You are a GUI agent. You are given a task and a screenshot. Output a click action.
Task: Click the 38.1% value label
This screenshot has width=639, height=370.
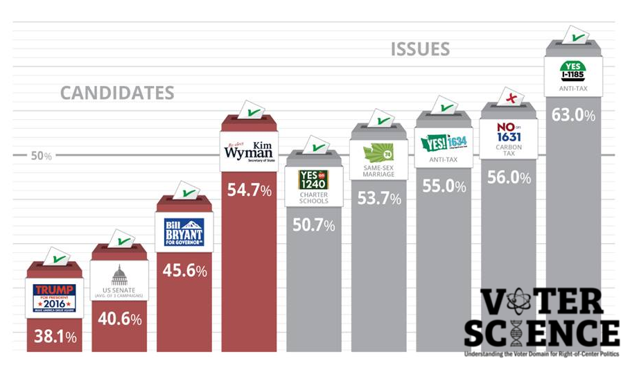tap(55, 339)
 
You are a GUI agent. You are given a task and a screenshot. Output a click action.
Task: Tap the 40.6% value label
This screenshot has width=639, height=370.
tap(120, 319)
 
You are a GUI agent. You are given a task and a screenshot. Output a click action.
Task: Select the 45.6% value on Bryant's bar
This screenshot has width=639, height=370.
tap(185, 271)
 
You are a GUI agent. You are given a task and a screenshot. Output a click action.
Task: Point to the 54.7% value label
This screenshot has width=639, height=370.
tap(250, 189)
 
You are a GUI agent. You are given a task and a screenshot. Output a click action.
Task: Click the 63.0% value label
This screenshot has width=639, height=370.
tap(574, 115)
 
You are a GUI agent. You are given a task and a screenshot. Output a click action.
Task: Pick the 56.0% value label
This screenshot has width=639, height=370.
tap(509, 178)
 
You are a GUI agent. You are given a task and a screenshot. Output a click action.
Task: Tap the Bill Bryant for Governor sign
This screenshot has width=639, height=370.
tap(184, 232)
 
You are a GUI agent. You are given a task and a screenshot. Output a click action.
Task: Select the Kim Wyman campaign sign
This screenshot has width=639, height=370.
tap(250, 150)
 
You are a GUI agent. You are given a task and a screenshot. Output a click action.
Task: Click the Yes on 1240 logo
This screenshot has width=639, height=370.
tap(313, 179)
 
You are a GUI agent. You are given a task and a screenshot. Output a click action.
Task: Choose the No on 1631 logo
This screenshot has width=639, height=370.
tap(509, 132)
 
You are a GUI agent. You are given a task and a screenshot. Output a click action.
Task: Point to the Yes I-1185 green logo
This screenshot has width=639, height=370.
tap(574, 69)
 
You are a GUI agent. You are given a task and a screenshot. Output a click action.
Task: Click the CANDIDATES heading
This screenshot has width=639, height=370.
tap(116, 93)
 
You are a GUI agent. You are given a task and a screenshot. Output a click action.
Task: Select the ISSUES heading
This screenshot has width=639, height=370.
tap(420, 49)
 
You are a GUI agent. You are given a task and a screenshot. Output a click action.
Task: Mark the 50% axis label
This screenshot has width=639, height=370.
tap(41, 156)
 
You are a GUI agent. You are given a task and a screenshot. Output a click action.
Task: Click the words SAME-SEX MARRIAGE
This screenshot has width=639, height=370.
tap(378, 170)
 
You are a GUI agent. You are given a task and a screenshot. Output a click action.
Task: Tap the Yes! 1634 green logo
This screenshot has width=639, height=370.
tap(444, 143)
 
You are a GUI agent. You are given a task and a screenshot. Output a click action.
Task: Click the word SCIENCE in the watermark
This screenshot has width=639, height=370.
tap(542, 334)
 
